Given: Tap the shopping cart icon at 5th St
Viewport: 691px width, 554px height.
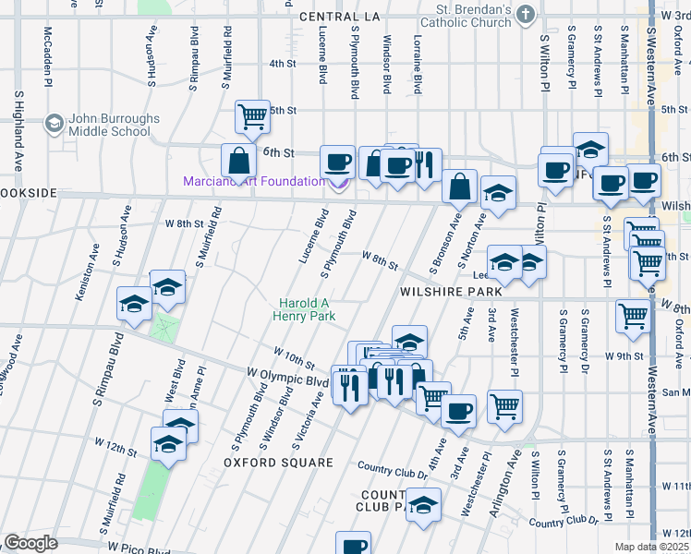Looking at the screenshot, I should (252, 116).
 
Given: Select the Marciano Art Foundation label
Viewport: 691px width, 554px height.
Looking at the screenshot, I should (253, 181).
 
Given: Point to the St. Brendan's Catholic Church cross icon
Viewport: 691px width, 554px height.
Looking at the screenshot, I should (526, 14).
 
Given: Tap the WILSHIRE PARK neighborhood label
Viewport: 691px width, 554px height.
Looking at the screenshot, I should (442, 290).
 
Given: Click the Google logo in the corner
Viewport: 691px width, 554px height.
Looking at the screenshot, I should (30, 543).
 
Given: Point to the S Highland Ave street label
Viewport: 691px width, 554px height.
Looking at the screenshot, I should (18, 129).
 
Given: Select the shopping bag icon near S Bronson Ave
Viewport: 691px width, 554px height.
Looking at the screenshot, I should (459, 187).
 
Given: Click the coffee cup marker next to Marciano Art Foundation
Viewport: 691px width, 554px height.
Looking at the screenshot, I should (337, 162).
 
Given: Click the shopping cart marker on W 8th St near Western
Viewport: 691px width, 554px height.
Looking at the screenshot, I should (634, 316).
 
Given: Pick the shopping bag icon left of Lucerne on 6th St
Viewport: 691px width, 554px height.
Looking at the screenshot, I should (238, 160).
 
